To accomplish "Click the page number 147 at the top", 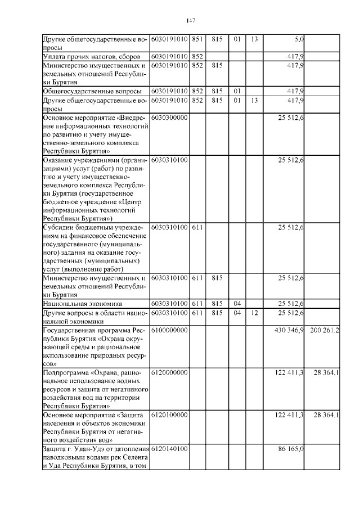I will tap(190, 21).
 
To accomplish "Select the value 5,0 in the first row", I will tap(299, 39).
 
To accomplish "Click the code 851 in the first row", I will tap(197, 39).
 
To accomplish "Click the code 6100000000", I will tap(169, 330).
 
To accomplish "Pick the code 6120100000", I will tap(169, 415).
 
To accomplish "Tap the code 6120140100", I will tap(169, 449).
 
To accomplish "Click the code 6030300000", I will tap(169, 118).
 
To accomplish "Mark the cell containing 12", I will tap(254, 313).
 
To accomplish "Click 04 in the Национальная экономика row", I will tap(237, 304).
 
